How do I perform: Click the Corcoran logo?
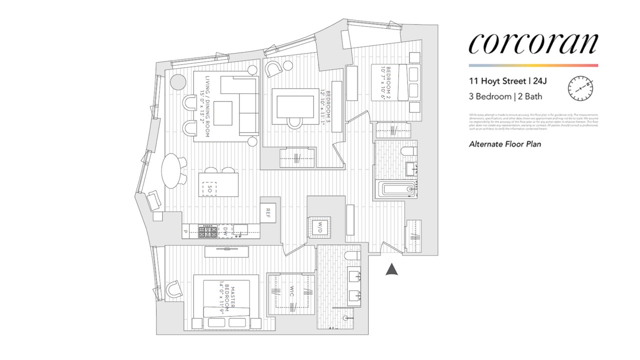pyautogui.click(x=533, y=43)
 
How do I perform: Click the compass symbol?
pyautogui.click(x=580, y=88)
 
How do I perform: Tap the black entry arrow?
pyautogui.click(x=392, y=269)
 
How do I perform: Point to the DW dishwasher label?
pyautogui.click(x=225, y=230)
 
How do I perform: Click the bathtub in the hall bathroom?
pyautogui.click(x=395, y=189)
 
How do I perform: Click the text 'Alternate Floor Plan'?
pyautogui.click(x=505, y=144)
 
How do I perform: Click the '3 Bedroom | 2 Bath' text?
pyautogui.click(x=505, y=96)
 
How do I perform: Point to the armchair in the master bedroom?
pyautogui.click(x=173, y=288)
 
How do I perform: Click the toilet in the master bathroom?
pyautogui.click(x=352, y=256)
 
